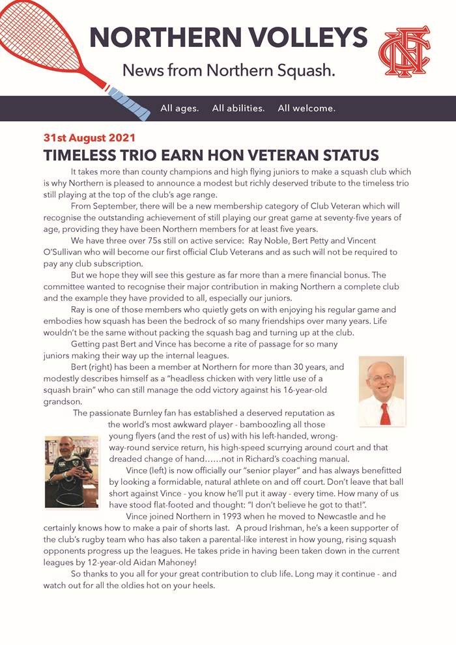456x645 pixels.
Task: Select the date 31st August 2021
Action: [x=89, y=138]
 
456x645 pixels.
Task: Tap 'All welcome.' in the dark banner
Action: [x=306, y=108]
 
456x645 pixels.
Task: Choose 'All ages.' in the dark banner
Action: [x=180, y=108]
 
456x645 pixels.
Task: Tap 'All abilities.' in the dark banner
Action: [x=238, y=108]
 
